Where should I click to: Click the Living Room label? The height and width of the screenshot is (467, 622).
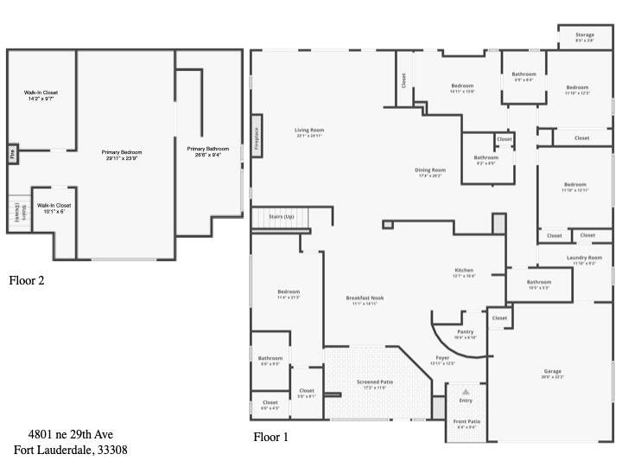309,131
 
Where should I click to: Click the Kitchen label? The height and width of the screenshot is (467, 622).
464,271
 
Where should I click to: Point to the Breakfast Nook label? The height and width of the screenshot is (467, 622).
365,298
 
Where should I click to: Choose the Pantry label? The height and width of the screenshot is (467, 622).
465,332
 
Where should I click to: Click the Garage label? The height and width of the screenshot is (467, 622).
552,371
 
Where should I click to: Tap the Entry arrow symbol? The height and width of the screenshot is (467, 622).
466,392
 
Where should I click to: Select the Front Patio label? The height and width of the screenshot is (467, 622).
466,421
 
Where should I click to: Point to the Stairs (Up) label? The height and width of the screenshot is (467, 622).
282,216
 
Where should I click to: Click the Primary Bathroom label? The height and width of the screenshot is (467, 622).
208,149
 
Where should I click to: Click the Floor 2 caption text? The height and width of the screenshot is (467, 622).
26,280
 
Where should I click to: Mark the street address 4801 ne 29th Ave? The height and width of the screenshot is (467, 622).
71,434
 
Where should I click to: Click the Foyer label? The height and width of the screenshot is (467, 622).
442,357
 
